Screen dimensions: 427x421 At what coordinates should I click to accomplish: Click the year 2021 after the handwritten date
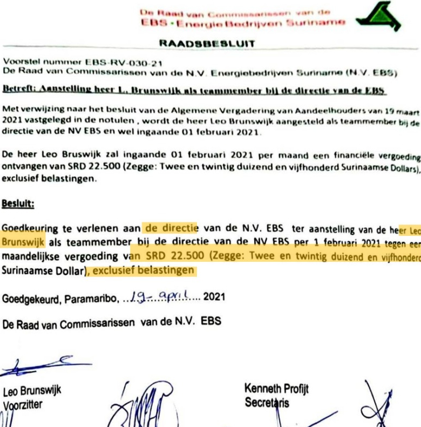pyautogui.click(x=214, y=297)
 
